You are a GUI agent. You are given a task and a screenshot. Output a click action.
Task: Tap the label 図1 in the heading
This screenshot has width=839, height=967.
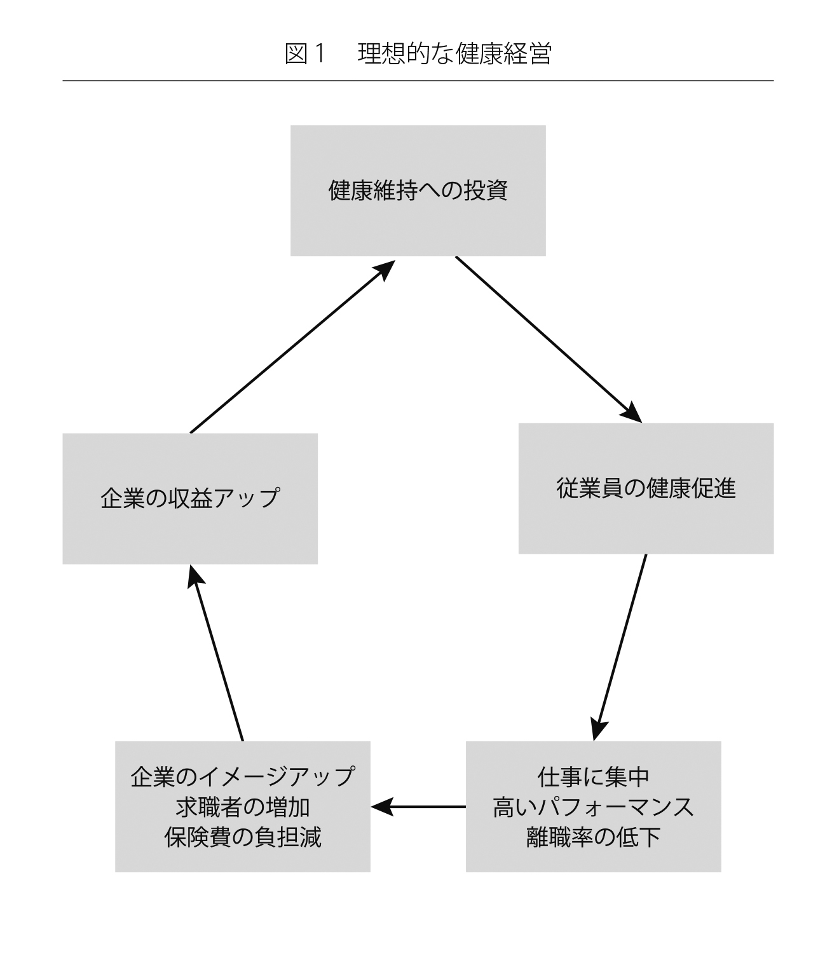tap(305, 54)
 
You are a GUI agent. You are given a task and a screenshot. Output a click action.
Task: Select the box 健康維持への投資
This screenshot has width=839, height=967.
tap(418, 191)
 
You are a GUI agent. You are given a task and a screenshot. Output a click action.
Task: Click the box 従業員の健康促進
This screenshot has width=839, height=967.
tap(646, 488)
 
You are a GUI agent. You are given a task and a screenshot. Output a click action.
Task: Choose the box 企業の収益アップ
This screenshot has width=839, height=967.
tap(190, 498)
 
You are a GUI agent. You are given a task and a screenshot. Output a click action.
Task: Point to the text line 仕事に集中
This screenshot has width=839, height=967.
tap(593, 776)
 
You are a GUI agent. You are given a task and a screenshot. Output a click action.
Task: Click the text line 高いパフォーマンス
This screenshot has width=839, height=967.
tap(593, 807)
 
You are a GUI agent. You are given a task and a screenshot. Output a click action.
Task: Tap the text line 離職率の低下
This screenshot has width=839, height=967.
tap(593, 837)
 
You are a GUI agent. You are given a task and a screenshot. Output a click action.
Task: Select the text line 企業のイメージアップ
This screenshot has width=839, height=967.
tap(242, 776)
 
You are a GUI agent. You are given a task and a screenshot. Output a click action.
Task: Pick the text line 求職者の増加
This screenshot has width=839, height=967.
tap(242, 807)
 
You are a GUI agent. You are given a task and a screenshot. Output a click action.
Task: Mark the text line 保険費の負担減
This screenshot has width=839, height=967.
tap(242, 837)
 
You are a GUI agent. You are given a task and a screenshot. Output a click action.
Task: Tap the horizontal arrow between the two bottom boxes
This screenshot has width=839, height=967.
tap(419, 807)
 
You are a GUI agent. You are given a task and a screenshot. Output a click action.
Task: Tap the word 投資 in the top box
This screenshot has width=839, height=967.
tap(486, 191)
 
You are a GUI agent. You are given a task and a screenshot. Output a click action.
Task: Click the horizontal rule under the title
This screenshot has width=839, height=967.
tap(418, 81)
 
